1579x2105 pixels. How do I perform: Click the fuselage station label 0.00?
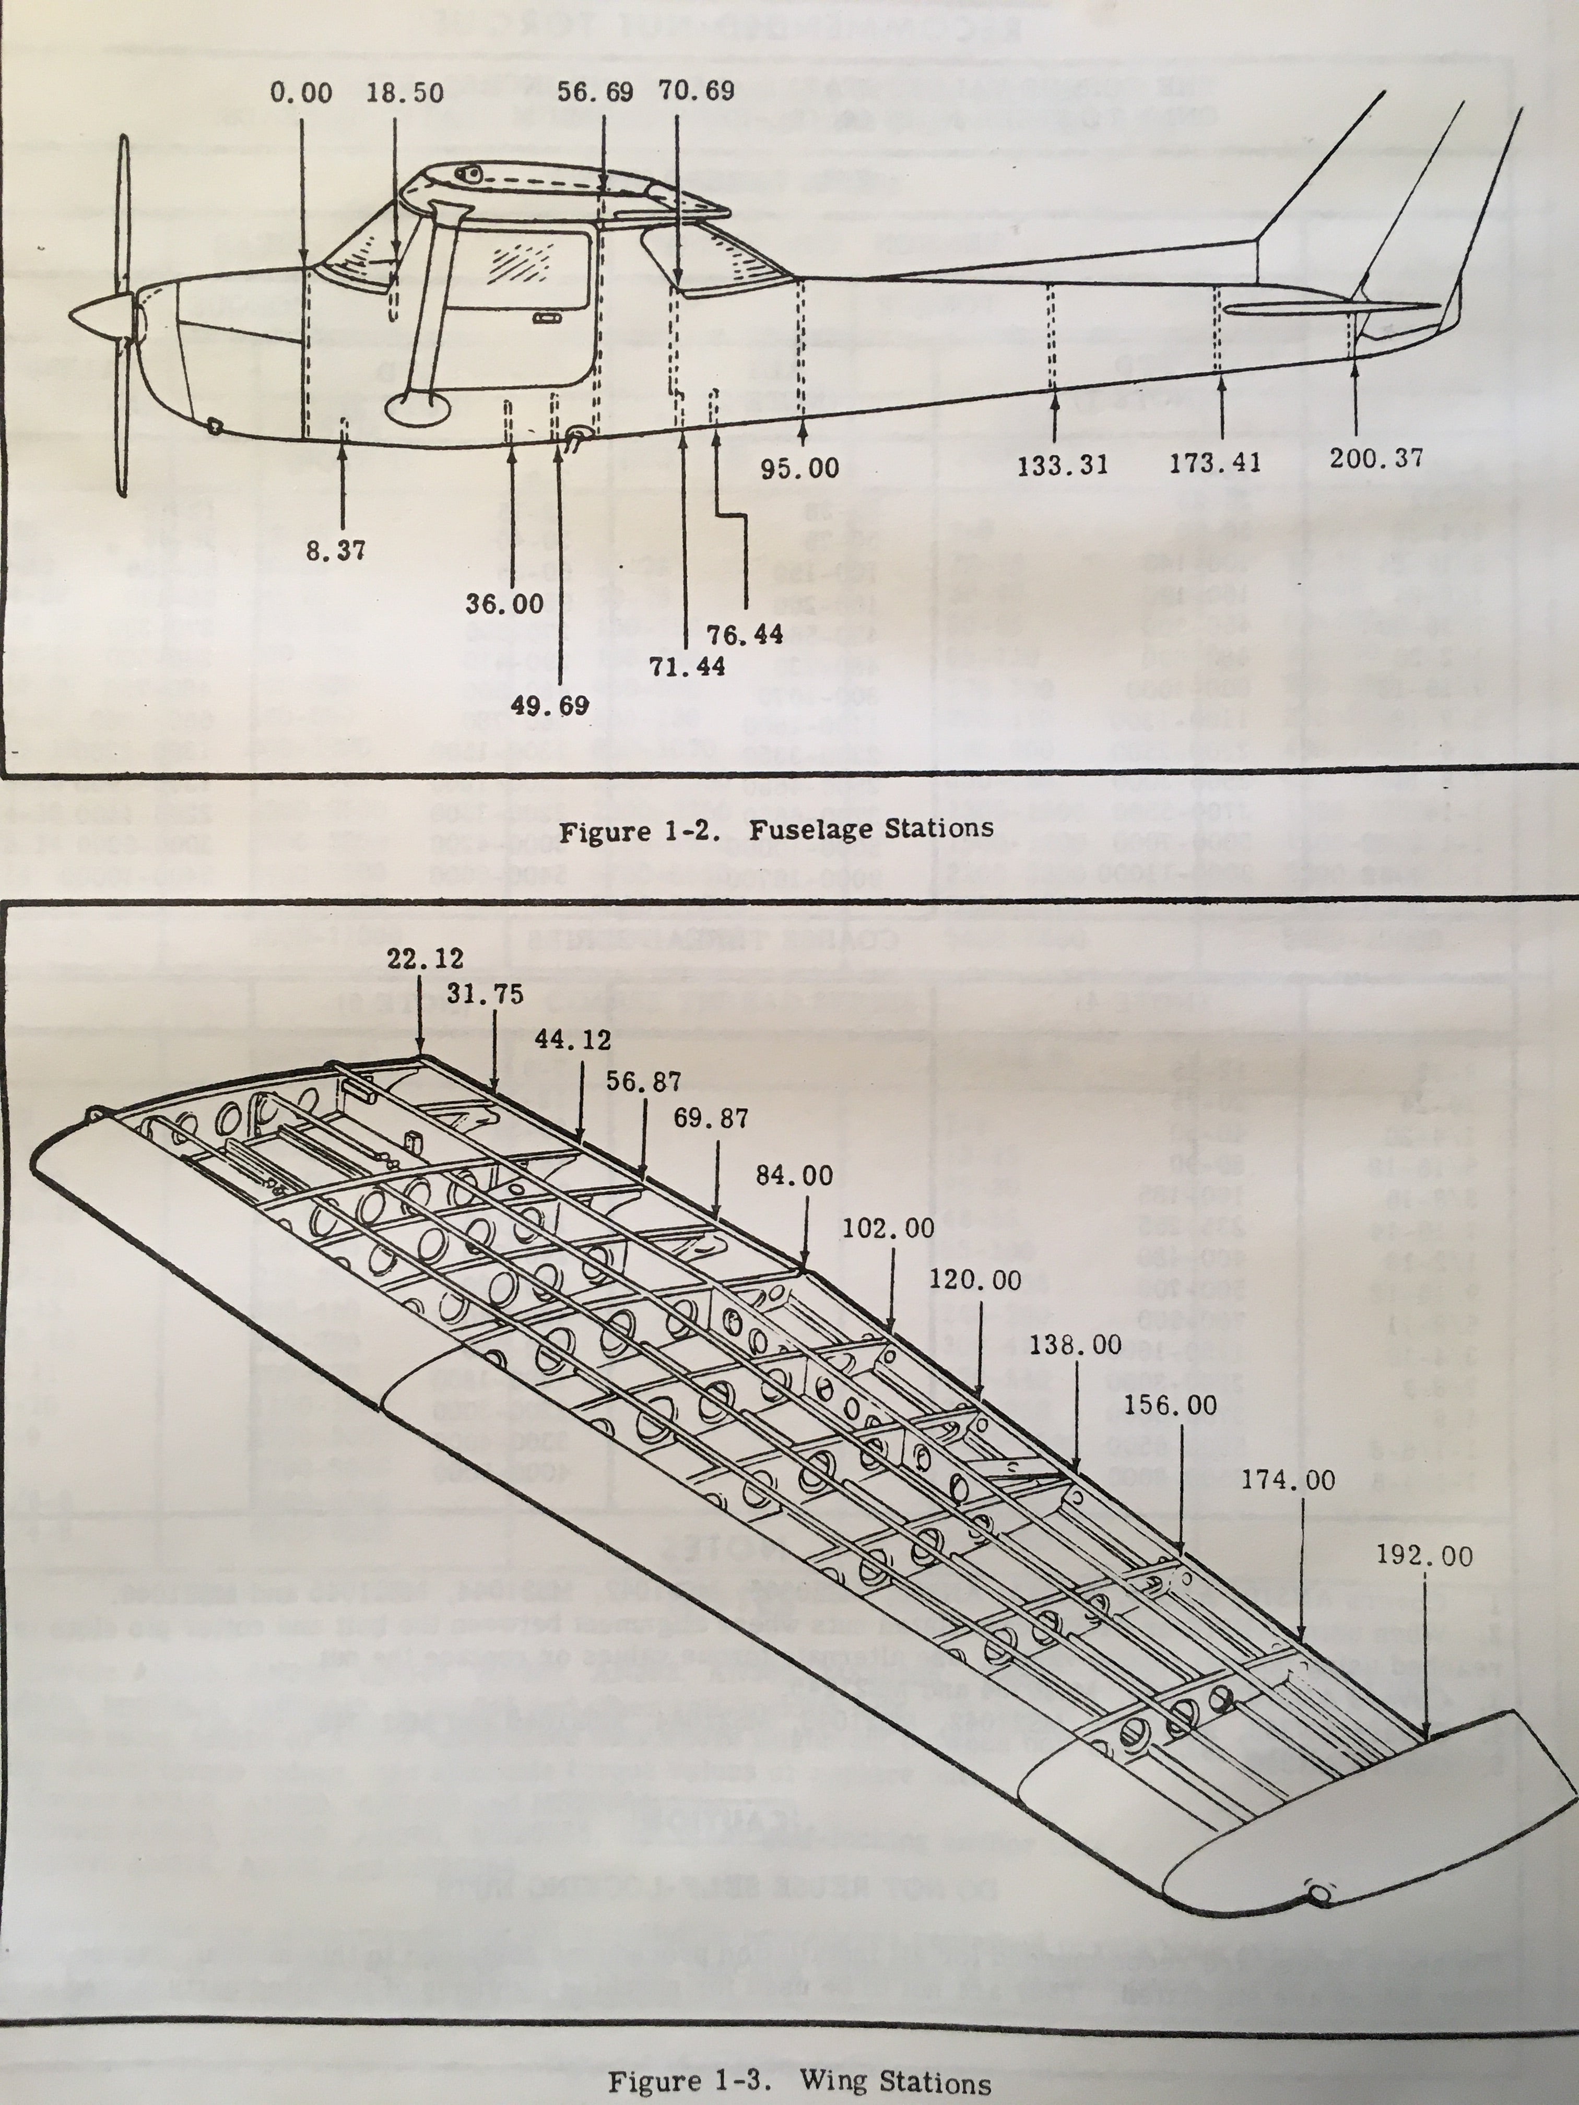(301, 93)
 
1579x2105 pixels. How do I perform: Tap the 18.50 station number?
(405, 93)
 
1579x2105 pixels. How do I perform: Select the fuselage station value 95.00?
(799, 468)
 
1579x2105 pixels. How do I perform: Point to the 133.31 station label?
(1062, 465)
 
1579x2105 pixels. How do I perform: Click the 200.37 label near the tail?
(1376, 459)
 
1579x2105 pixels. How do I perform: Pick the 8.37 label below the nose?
(335, 551)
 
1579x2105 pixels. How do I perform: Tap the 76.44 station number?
(744, 634)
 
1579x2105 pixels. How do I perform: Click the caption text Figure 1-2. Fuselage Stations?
(776, 830)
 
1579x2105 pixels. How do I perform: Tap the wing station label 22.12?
(426, 959)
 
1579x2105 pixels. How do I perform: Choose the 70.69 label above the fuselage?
(697, 91)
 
